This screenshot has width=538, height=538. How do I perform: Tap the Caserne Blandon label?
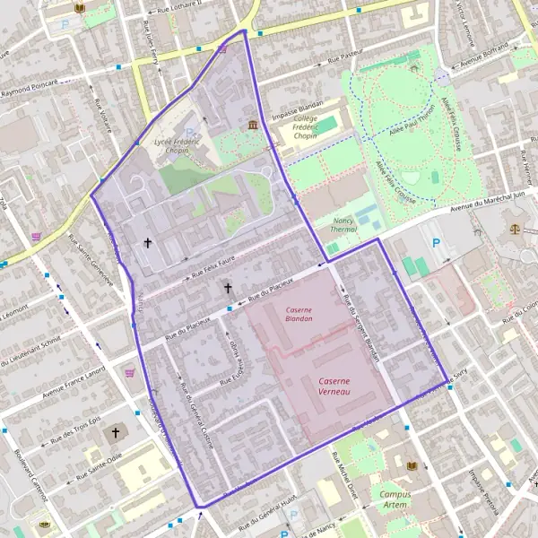[299, 314]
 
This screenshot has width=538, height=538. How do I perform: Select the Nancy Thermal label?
[343, 225]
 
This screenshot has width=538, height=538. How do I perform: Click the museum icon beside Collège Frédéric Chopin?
[253, 124]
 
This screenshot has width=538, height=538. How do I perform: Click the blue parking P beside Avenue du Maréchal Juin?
[437, 243]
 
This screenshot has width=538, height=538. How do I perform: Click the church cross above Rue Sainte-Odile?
[115, 433]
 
